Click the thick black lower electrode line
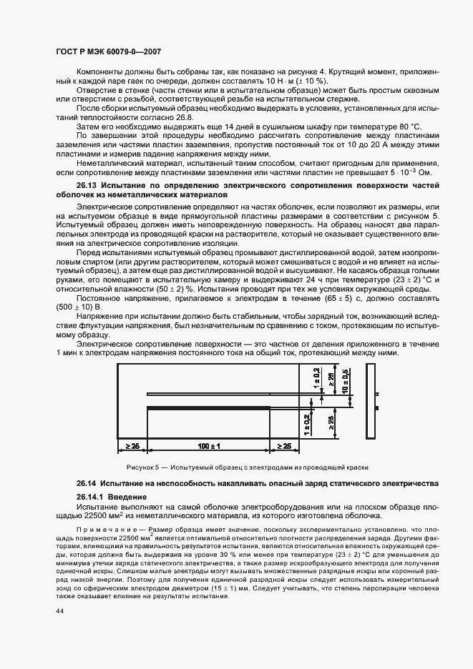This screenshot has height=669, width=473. pyautogui.click(x=208, y=407)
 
